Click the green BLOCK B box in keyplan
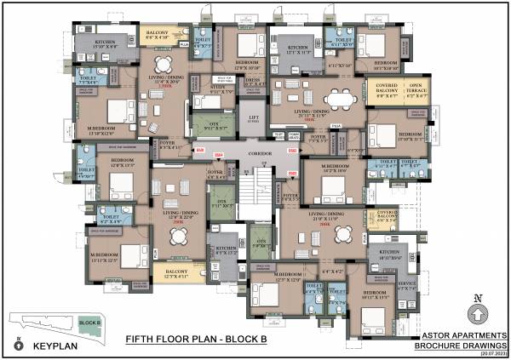[x=88, y=323]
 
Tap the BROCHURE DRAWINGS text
[x=460, y=346]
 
